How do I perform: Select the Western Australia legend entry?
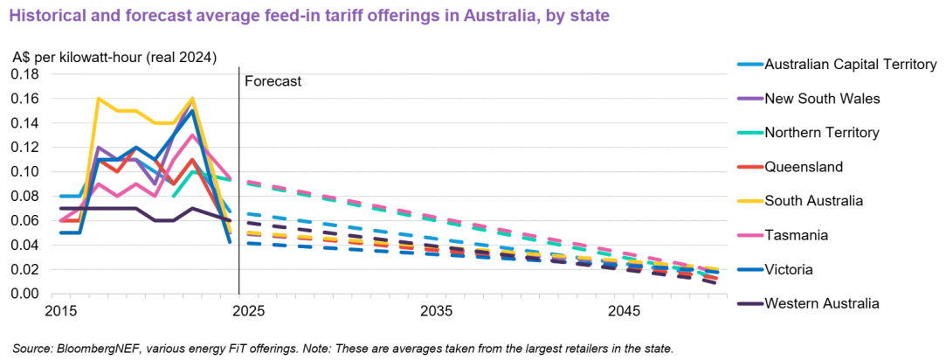pos(821,303)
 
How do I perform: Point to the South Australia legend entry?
pos(814,200)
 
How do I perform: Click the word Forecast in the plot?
pos(273,81)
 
